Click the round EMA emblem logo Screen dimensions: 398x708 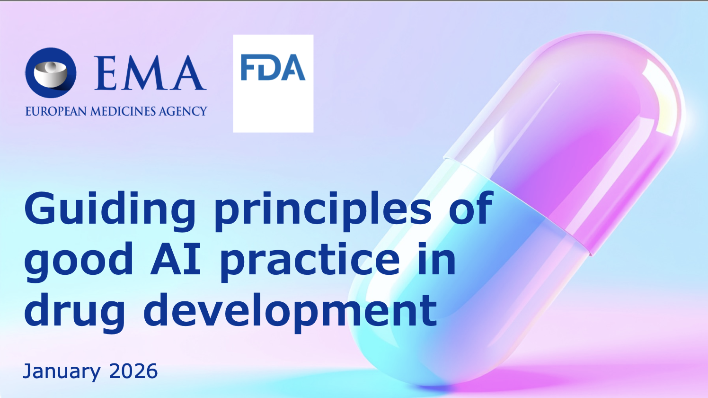(x=51, y=73)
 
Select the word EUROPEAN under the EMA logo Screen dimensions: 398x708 (x=56, y=111)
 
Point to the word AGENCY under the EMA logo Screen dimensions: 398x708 (x=183, y=111)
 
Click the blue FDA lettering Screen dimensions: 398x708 (x=273, y=68)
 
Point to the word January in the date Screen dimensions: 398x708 (x=62, y=371)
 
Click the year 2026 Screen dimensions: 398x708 (x=133, y=371)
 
